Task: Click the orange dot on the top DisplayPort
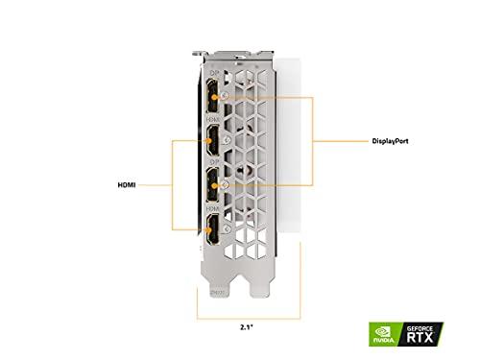[x=224, y=97]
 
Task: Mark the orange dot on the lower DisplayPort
[x=224, y=182]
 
